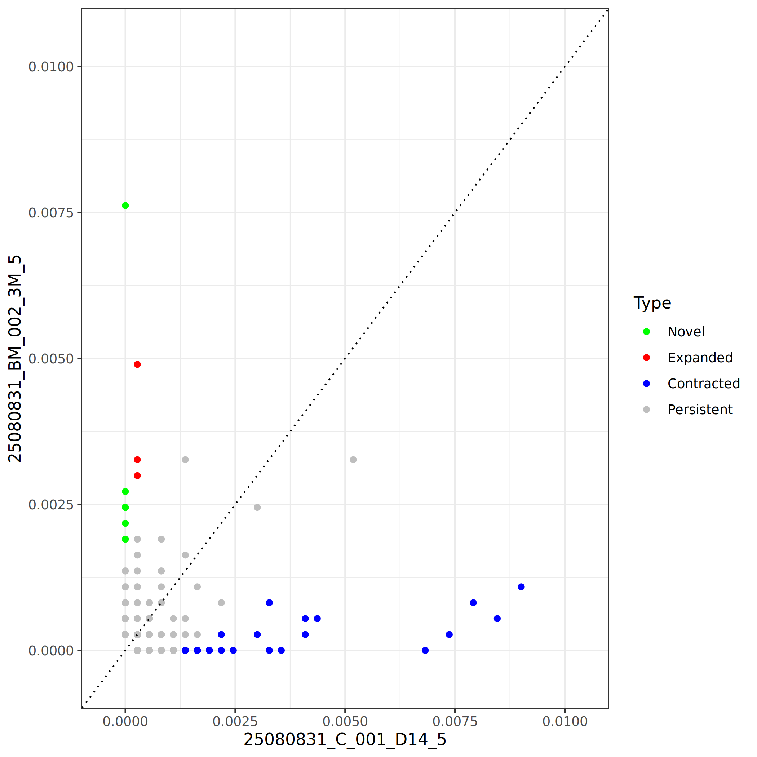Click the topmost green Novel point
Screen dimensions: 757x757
point(125,206)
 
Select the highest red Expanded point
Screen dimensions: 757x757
point(137,364)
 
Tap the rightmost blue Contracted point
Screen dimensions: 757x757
point(521,587)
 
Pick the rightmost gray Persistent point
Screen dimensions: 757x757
point(353,460)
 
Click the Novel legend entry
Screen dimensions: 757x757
point(686,332)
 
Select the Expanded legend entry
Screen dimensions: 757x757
point(700,358)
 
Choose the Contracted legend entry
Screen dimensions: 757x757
point(703,384)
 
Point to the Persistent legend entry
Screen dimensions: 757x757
point(700,410)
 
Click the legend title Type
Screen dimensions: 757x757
point(652,303)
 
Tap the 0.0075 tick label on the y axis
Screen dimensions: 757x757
point(51,213)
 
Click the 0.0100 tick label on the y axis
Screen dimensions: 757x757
point(51,67)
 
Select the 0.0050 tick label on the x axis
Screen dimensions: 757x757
point(345,721)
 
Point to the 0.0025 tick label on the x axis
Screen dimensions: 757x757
point(235,721)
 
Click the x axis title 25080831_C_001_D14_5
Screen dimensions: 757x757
point(345,740)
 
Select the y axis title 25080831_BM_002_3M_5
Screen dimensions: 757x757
point(15,359)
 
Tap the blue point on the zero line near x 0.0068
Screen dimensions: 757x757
point(425,650)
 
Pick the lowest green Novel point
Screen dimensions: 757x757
point(125,539)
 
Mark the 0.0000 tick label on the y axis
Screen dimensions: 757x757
point(51,651)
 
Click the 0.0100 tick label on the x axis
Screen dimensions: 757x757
point(565,721)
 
